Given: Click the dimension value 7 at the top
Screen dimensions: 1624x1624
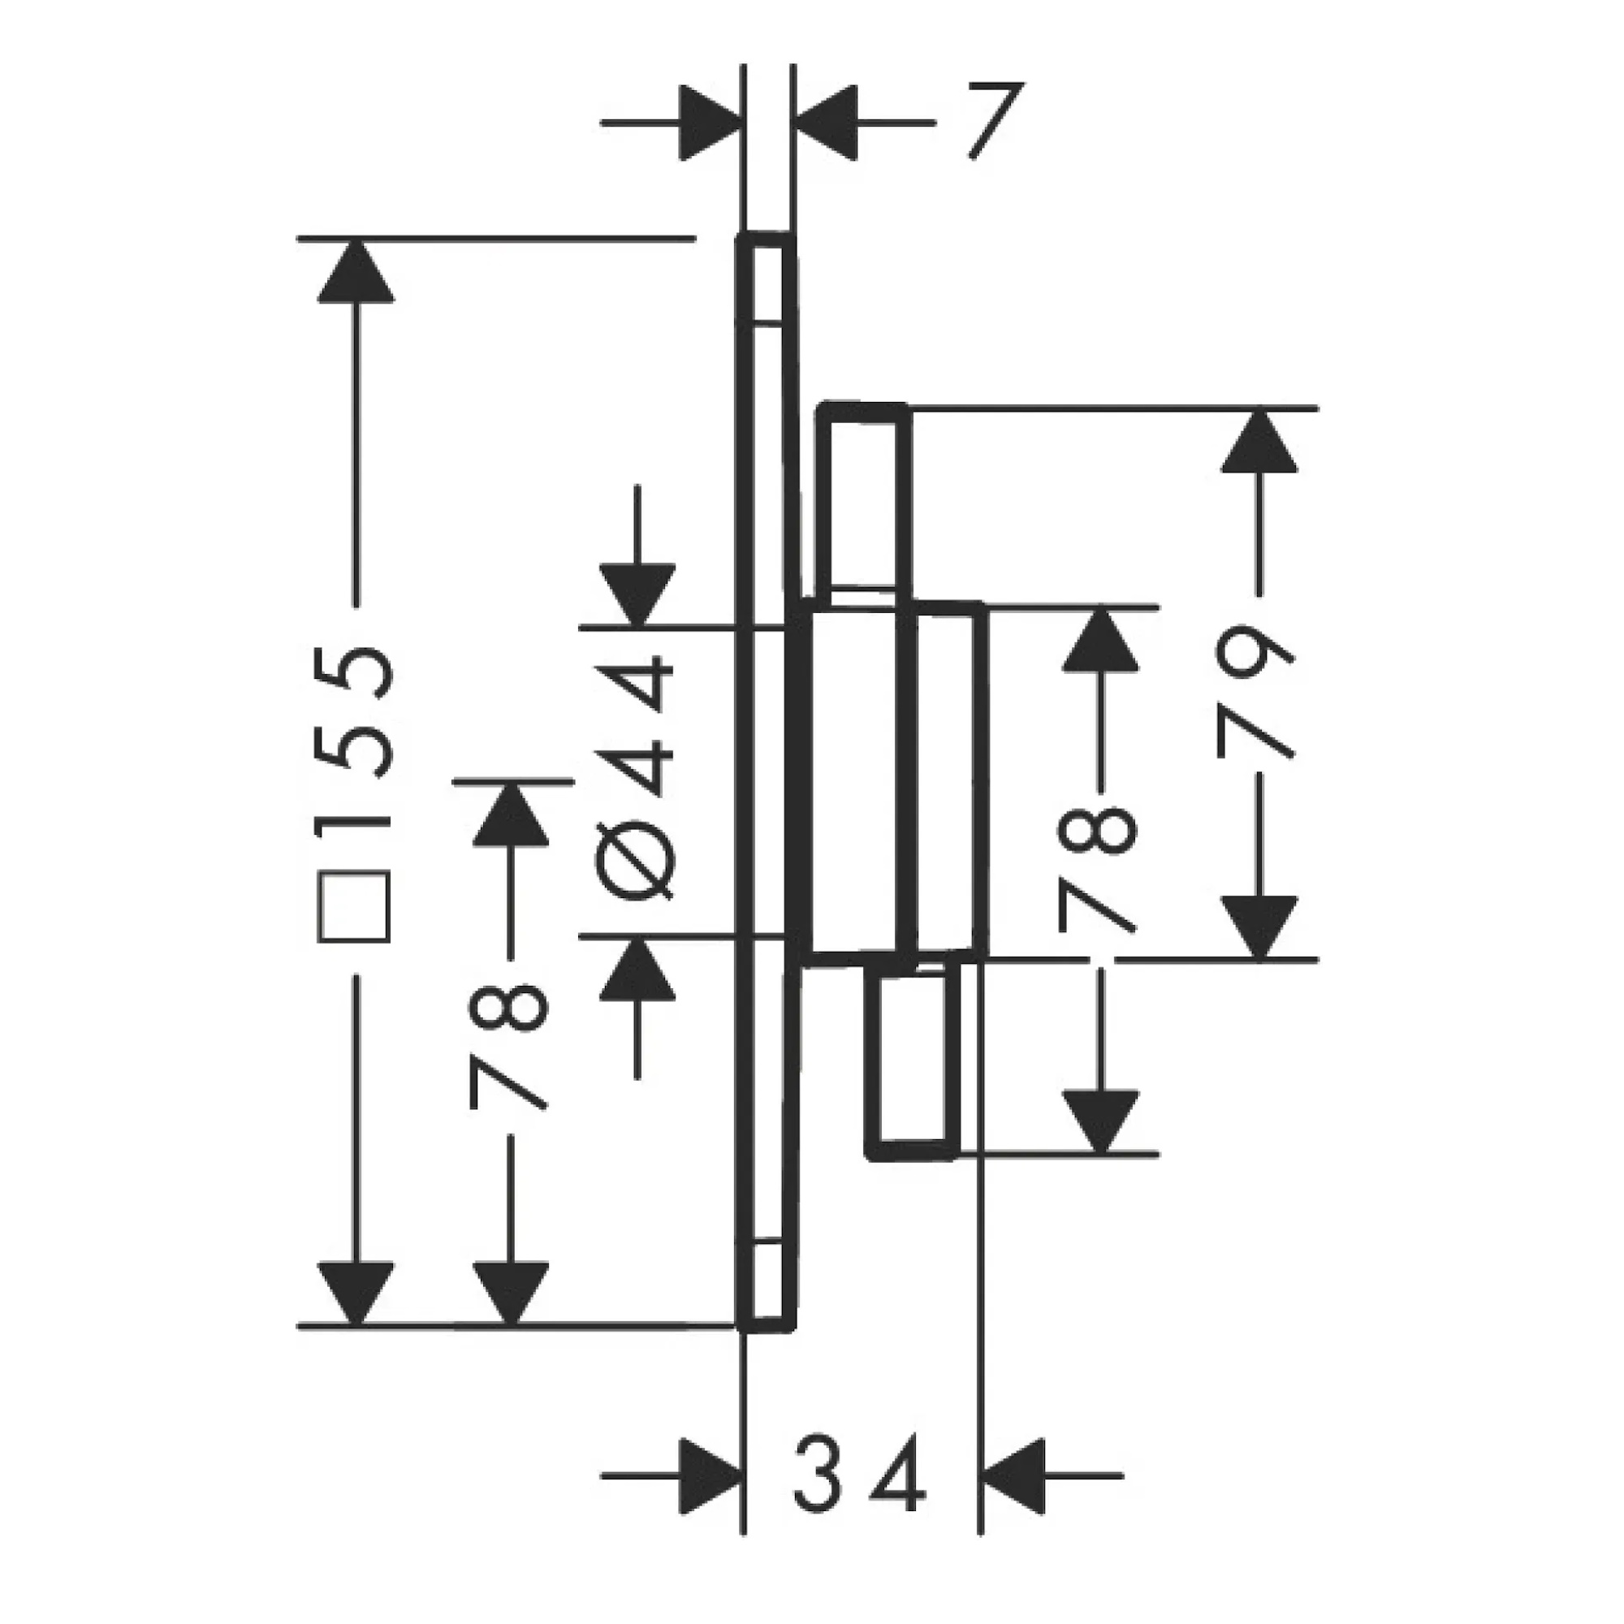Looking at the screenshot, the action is [x=996, y=120].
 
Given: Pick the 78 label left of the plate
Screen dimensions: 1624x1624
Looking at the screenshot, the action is [x=509, y=1047].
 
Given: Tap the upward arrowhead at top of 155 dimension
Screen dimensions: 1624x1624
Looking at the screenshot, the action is [x=356, y=270].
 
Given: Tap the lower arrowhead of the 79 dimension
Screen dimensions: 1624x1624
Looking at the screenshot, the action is [x=1259, y=927].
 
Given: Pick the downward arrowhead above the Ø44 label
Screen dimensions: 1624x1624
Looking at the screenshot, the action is [x=637, y=596].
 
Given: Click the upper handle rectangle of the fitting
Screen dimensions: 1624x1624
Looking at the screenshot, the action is [x=866, y=503].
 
